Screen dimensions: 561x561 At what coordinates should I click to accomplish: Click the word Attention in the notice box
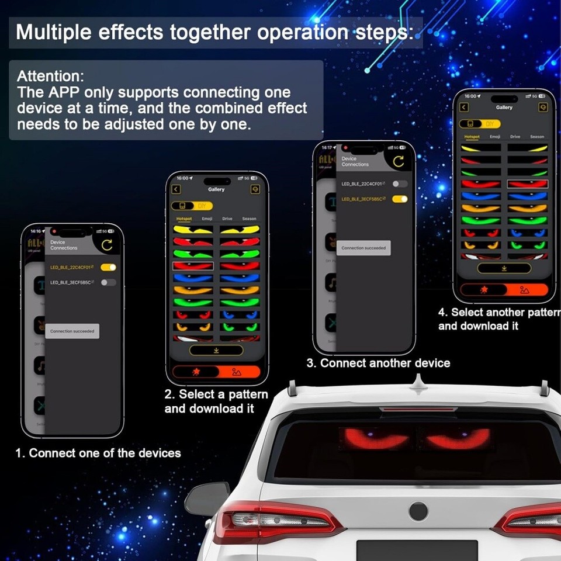pos(50,76)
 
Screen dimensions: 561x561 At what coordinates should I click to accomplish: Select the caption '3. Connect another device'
pos(378,363)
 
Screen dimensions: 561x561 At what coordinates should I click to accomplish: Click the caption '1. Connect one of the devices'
pos(98,453)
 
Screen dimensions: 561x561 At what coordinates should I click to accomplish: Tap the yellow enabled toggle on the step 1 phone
pos(108,267)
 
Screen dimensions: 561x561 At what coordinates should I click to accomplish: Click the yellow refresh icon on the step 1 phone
pos(106,245)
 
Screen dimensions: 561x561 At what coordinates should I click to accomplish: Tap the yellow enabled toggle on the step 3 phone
pos(400,199)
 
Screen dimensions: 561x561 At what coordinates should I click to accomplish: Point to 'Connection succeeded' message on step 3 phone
pos(363,248)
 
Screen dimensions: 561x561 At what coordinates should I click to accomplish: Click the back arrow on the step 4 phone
pos(464,108)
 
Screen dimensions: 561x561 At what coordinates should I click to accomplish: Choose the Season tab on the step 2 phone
pos(249,219)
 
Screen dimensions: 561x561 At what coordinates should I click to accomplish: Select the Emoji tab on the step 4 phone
pos(495,137)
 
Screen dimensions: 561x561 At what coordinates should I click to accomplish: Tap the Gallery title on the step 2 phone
pos(216,189)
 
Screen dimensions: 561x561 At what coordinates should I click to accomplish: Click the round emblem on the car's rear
pos(418,511)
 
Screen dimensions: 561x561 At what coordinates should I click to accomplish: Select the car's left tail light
pos(275,520)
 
